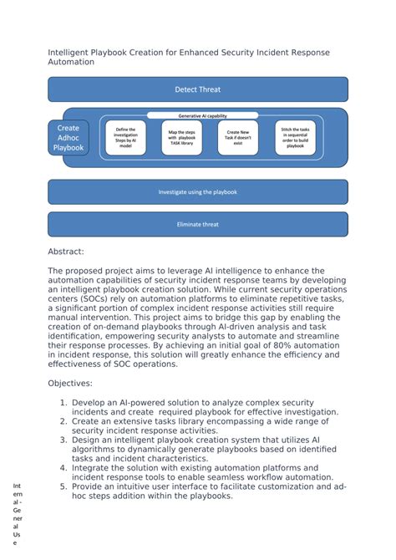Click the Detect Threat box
[197, 89]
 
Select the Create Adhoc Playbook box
[69, 138]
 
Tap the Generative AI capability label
[202, 116]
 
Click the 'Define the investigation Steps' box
[124, 138]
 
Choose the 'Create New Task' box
[237, 138]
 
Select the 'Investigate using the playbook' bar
[197, 192]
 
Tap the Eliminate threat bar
[197, 224]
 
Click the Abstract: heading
[66, 251]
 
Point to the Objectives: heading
[70, 383]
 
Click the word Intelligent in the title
[72, 53]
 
